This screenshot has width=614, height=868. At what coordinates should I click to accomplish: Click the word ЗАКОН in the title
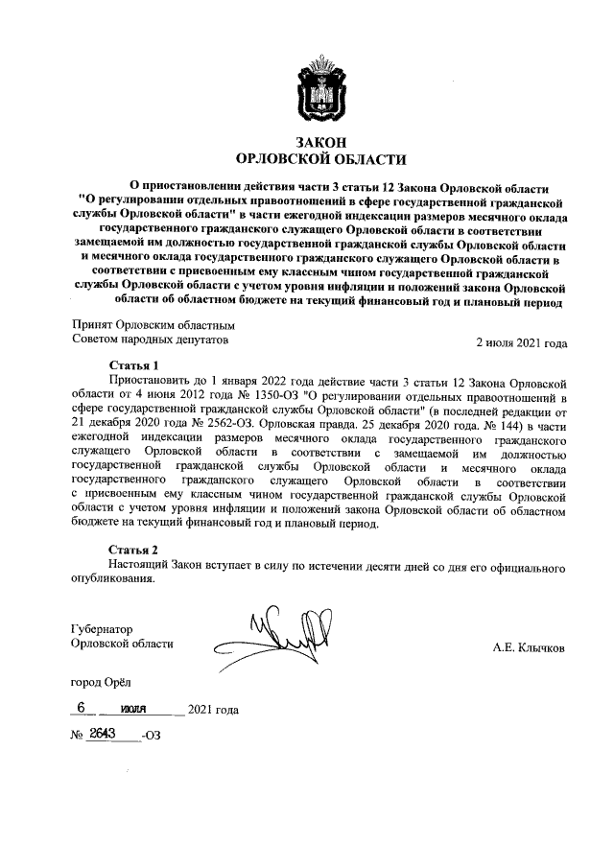coord(321,142)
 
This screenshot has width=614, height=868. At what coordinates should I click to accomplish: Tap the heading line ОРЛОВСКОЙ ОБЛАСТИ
coord(321,159)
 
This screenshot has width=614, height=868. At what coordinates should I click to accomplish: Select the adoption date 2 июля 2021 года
coord(522,343)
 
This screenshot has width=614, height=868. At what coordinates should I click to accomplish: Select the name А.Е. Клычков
coord(529,648)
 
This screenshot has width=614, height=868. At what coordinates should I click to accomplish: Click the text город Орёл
coord(104,682)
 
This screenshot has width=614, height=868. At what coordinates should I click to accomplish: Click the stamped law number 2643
coord(102,734)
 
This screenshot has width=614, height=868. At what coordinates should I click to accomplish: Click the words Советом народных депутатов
coord(152,340)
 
